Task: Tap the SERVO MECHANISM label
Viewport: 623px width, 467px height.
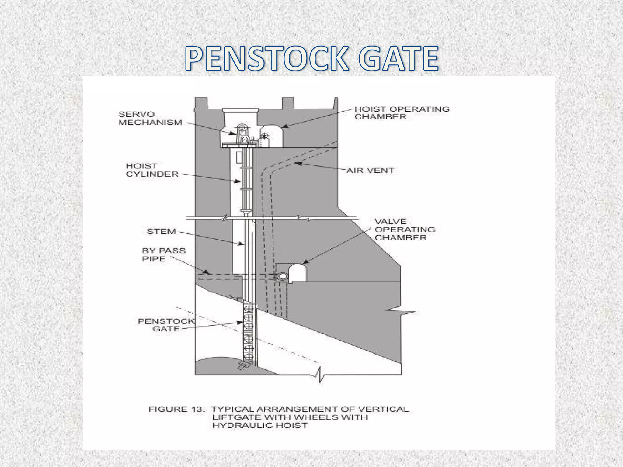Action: (150, 118)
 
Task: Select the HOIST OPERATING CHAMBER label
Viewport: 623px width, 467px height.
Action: (402, 113)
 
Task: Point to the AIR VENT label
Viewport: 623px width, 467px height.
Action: (370, 171)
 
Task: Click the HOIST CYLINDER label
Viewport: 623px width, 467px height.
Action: (152, 170)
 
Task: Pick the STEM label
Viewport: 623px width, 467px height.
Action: (161, 232)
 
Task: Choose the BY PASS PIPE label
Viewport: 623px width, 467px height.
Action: (163, 255)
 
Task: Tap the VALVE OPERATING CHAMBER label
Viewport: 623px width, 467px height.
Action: (405, 230)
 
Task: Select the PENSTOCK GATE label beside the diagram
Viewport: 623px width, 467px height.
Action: (166, 325)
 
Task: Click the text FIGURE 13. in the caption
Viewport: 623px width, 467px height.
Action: (176, 409)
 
